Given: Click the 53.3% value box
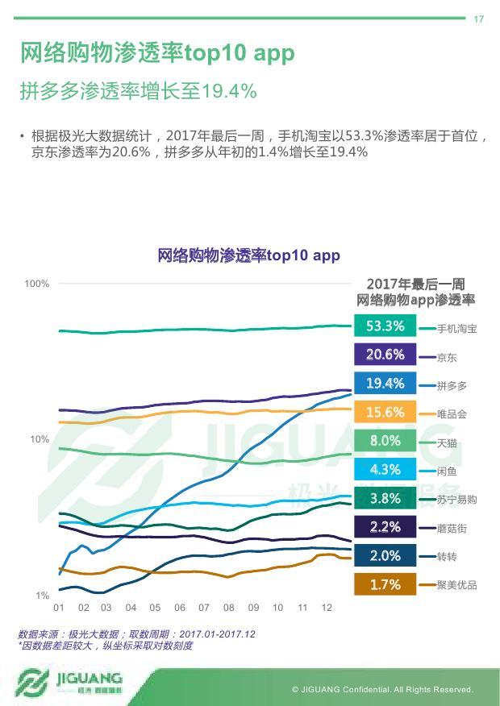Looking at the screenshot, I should click(x=385, y=326).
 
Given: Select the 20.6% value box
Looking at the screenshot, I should click(x=385, y=355).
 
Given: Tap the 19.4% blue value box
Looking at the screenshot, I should click(x=385, y=384).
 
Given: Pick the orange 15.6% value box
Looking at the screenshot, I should click(x=385, y=413).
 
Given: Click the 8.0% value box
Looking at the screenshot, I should click(x=385, y=441).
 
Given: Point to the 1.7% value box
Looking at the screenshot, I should click(x=385, y=584).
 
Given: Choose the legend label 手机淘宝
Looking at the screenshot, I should click(x=456, y=329).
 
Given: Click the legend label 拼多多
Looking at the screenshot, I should click(x=452, y=386).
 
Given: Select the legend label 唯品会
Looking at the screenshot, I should click(x=452, y=414).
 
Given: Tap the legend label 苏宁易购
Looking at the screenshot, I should click(x=456, y=500).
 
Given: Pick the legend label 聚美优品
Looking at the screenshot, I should click(x=456, y=585).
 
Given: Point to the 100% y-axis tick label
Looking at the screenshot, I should click(x=37, y=284).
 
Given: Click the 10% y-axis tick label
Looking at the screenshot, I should click(x=40, y=439).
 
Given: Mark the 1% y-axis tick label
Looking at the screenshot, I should click(x=42, y=596).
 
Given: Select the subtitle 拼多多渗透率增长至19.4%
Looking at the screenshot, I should click(x=138, y=91).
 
